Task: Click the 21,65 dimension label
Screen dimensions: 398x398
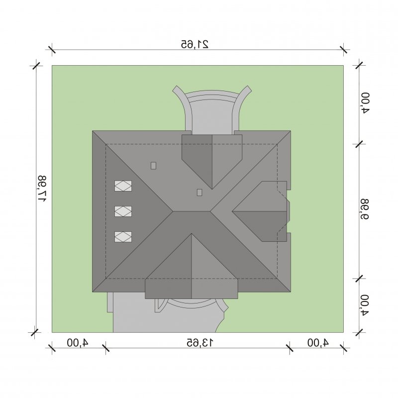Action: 195,44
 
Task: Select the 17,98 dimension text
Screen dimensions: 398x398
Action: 42,189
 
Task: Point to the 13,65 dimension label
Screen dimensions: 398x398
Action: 200,342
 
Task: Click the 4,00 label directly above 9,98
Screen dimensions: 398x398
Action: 365,103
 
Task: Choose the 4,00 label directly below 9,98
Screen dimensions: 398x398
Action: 365,305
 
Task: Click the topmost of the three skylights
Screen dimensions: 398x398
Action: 123,186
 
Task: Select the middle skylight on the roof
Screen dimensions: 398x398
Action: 123,211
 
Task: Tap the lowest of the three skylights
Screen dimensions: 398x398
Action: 123,237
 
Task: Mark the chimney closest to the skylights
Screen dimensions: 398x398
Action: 153,166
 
